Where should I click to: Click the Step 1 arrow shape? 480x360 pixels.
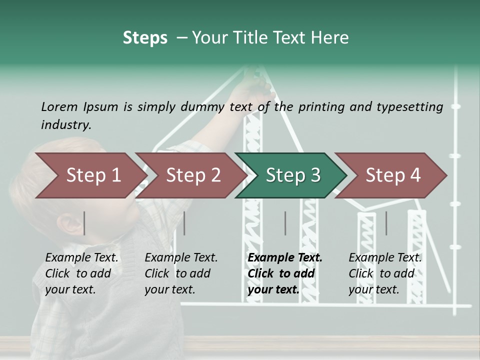pyautogui.click(x=90, y=175)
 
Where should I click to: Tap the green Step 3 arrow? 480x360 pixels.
pyautogui.click(x=292, y=175)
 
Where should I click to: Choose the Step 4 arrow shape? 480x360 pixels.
pyautogui.click(x=392, y=175)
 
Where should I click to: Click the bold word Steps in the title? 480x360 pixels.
pyautogui.click(x=145, y=37)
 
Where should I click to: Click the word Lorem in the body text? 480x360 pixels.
pyautogui.click(x=59, y=106)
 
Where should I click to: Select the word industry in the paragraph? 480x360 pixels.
pyautogui.click(x=65, y=124)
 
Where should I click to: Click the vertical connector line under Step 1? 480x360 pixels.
pyautogui.click(x=84, y=223)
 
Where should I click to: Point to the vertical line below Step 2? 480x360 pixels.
pyautogui.click(x=184, y=223)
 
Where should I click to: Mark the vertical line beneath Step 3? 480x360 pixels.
pyautogui.click(x=285, y=223)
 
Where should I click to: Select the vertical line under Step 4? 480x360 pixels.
pyautogui.click(x=386, y=223)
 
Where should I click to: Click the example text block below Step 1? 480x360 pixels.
pyautogui.click(x=81, y=273)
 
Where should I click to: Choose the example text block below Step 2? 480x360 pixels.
pyautogui.click(x=181, y=273)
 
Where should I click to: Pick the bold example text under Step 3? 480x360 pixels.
pyautogui.click(x=284, y=273)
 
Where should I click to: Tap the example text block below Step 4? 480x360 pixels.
pyautogui.click(x=385, y=273)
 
